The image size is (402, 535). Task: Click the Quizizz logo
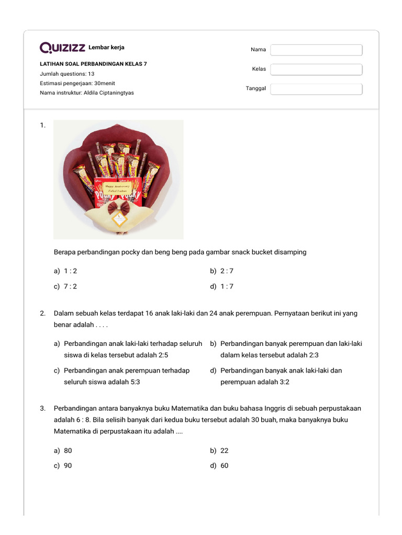coord(62,48)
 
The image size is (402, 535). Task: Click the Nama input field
coord(316,50)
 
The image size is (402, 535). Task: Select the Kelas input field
coord(316,69)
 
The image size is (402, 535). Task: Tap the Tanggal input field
coord(316,89)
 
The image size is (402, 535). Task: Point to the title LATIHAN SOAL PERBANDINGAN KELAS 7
coord(93,64)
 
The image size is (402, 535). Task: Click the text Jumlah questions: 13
coord(67,74)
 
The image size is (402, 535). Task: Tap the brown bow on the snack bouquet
coord(119,209)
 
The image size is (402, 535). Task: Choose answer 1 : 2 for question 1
coord(70,271)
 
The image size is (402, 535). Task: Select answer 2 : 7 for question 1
coord(227,271)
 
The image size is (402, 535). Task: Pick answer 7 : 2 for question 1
coord(70,286)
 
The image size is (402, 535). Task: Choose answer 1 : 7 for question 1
coord(227,286)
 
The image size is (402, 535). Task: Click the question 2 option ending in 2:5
coord(128,350)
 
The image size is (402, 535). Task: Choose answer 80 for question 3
coord(68,450)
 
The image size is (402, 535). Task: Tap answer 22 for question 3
coord(225,450)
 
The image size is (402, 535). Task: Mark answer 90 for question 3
coord(68,466)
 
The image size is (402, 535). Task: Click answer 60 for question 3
coord(225,466)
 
